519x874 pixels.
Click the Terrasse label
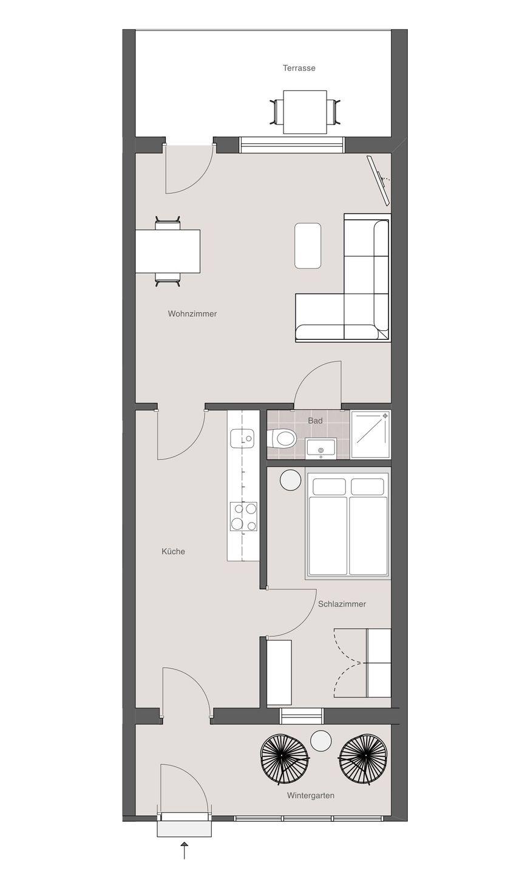pos(299,68)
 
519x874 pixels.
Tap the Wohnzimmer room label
pos(192,314)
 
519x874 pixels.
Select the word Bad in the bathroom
pos(315,421)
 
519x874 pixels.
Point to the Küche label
pos(173,551)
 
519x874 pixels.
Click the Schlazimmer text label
pos(342,604)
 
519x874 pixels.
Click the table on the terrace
pos(305,112)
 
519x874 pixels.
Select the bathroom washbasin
pos(321,447)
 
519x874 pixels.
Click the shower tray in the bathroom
pos(371,435)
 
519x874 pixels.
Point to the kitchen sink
pos(242,438)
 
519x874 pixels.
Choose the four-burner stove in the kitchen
pos(244,516)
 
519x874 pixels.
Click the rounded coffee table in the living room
pos(308,245)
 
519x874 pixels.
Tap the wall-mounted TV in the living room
pos(379,180)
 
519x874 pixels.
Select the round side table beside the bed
pos(290,479)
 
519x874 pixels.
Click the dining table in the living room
pos(168,251)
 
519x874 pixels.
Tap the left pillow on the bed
pos(330,487)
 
